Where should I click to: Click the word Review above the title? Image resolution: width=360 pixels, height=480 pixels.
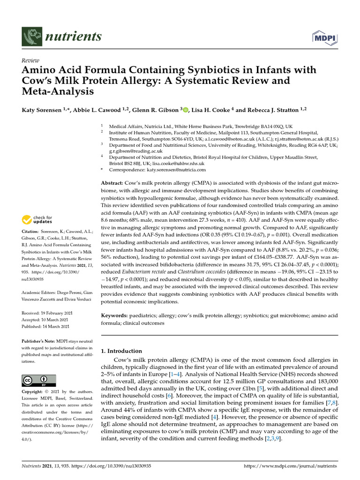tap(31, 60)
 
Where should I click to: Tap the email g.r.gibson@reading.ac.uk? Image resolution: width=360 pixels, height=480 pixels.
tap(136, 151)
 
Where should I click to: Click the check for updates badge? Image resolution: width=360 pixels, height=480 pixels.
tap(37, 219)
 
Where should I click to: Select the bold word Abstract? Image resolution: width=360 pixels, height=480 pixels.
tap(112, 182)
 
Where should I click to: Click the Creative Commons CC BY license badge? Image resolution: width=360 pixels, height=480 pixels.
tap(39, 380)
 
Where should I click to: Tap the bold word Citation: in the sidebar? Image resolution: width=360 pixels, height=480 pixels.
tap(32, 232)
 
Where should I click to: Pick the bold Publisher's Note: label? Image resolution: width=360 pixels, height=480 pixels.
tap(40, 342)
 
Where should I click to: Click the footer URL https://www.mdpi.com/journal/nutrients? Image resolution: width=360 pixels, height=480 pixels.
tap(291, 466)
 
